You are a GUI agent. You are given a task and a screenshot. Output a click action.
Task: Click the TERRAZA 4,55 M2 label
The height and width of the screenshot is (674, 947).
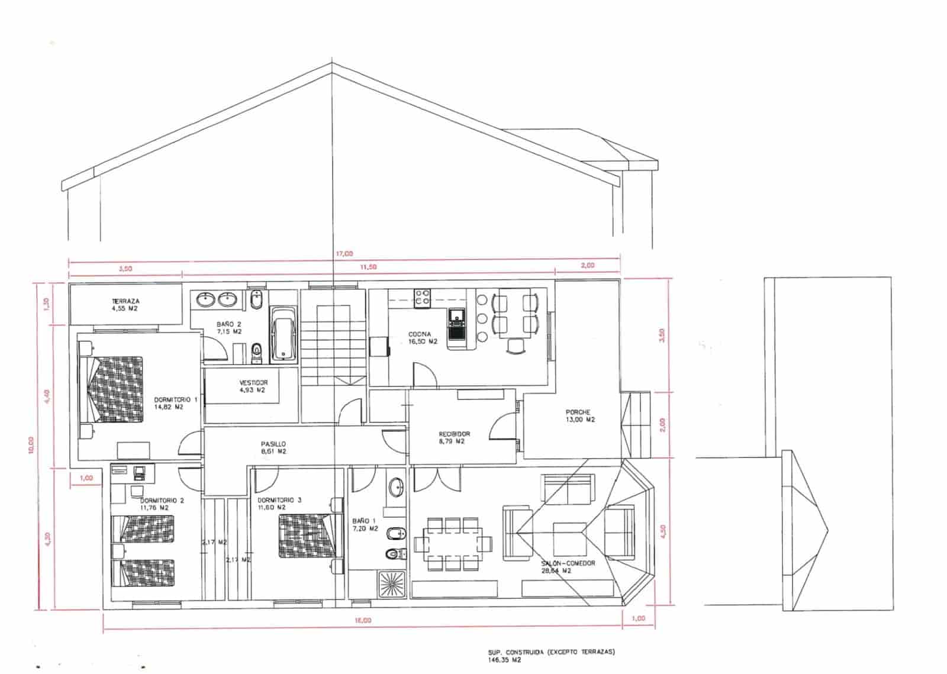pyautogui.click(x=125, y=305)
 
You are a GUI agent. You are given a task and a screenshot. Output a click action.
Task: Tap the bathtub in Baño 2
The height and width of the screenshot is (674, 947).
pyautogui.click(x=284, y=334)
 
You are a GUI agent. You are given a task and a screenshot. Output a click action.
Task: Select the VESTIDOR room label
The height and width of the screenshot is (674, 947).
pyautogui.click(x=253, y=386)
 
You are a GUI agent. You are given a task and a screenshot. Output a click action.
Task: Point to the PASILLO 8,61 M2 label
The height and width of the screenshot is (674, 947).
pyautogui.click(x=273, y=447)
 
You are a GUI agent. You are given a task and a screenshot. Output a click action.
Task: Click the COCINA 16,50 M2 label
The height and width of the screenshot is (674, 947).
pyautogui.click(x=422, y=338)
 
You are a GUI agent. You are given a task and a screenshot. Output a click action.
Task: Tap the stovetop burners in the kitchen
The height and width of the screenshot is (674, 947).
pyautogui.click(x=422, y=297)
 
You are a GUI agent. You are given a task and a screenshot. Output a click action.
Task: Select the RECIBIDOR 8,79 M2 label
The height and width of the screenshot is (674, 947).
pyautogui.click(x=454, y=437)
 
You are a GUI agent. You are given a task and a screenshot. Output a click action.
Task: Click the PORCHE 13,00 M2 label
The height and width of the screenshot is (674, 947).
pyautogui.click(x=579, y=416)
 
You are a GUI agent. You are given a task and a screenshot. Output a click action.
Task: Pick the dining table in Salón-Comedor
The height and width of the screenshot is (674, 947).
pyautogui.click(x=453, y=544)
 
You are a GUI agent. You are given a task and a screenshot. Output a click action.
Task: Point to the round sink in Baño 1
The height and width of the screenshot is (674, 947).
pyautogui.click(x=397, y=488)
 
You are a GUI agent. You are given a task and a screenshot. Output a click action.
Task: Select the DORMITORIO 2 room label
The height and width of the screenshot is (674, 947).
pyautogui.click(x=162, y=504)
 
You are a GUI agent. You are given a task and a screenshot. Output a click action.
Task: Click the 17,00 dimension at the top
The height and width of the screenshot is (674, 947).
pyautogui.click(x=344, y=253)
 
